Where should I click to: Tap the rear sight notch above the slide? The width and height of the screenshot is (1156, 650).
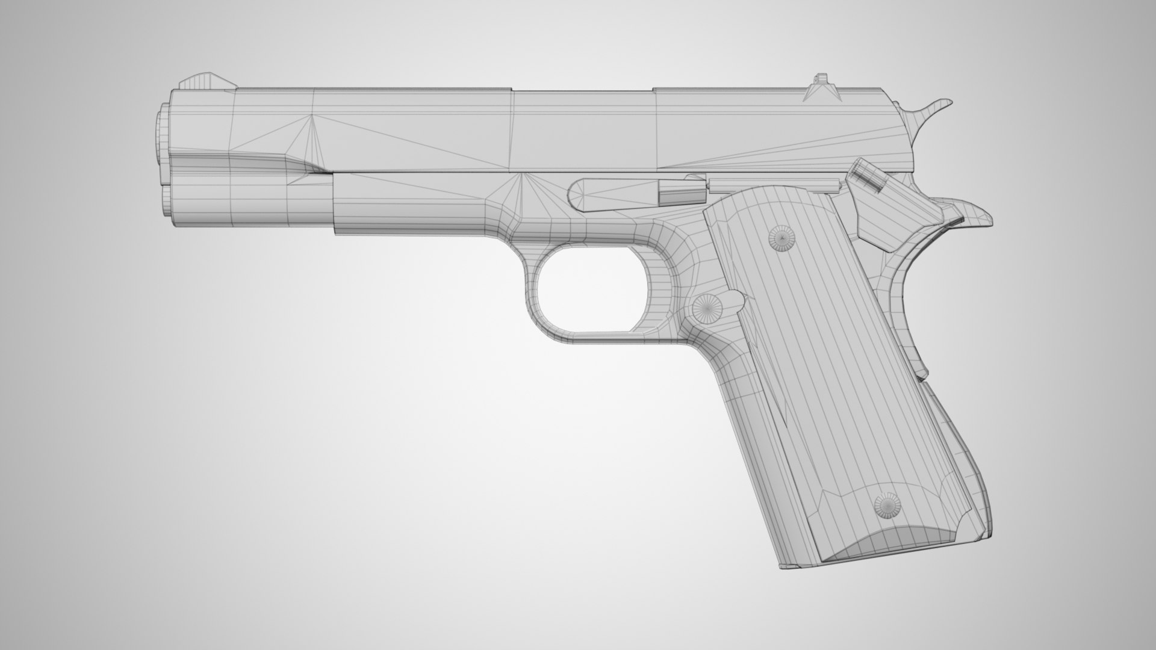click(820, 79)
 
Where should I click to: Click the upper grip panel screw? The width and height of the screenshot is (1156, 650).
click(781, 240)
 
